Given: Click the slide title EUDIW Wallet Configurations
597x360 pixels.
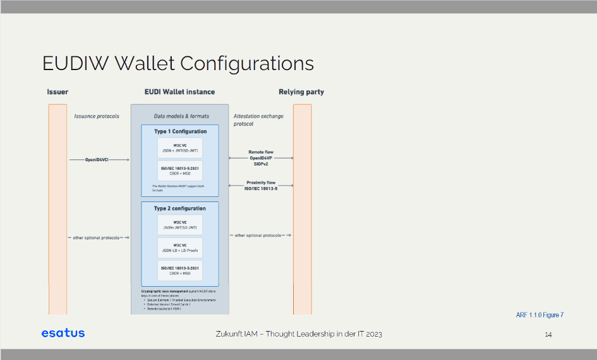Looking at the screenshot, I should [x=178, y=64].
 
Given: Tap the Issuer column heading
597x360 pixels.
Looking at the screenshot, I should [x=57, y=92].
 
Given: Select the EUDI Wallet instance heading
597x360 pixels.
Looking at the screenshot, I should [x=179, y=92].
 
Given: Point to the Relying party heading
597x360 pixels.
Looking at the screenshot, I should [x=301, y=92].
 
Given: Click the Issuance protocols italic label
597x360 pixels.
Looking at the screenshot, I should [x=97, y=116].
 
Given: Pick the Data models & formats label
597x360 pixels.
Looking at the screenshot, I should [x=181, y=116].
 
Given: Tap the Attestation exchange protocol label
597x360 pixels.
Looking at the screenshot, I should [x=258, y=120].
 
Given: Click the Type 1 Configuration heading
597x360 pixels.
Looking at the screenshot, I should [x=180, y=131].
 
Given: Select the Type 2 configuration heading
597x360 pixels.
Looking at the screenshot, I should [x=180, y=208].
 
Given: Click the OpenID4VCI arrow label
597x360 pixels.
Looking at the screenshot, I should [x=97, y=160].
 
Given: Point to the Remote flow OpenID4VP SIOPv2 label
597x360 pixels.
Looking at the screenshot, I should [x=261, y=158].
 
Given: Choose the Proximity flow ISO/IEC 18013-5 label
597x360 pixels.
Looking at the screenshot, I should [x=261, y=185].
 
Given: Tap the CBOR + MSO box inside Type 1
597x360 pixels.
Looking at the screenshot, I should [x=180, y=171].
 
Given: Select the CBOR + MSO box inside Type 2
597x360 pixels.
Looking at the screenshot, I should [x=180, y=271].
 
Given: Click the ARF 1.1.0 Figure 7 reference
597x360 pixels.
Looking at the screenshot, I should [x=540, y=315].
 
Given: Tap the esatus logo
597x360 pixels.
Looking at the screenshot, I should [x=63, y=333].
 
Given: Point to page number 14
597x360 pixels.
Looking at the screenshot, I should [x=548, y=334].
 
